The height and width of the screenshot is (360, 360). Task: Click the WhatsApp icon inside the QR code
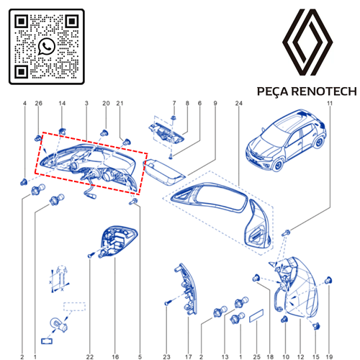47,46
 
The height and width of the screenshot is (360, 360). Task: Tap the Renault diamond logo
307,42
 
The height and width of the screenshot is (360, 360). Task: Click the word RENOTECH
324,91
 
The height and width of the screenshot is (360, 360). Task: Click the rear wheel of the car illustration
319,143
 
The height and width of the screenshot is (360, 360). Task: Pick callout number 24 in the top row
239,103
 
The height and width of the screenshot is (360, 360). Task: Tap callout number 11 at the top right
330,103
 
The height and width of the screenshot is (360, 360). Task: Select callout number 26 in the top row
39,103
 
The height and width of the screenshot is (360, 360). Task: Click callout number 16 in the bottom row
115,357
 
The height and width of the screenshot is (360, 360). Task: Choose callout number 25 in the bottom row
257,357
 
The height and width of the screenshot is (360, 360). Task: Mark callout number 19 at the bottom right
329,357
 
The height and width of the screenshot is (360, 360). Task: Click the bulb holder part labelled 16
117,242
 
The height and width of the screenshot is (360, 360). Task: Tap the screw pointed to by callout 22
91,256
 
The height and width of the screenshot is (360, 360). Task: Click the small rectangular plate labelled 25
256,316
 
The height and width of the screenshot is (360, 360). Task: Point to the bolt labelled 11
287,232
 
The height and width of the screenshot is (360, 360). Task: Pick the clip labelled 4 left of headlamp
24,182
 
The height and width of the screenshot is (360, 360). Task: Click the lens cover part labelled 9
164,172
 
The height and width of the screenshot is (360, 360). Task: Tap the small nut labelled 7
174,117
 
